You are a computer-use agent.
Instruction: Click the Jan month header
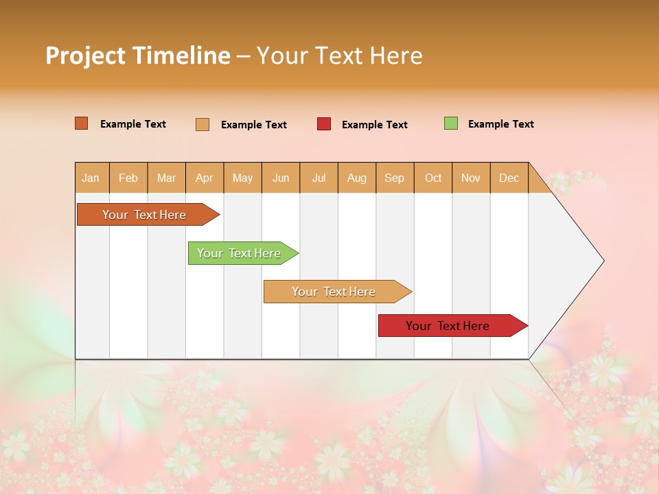91,178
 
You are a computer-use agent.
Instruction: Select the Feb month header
128,178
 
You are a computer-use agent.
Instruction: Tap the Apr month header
204,178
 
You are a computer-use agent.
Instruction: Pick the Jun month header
281,178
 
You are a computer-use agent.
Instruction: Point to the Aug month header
356,178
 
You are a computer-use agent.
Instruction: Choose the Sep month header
394,178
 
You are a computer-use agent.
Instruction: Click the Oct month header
433,178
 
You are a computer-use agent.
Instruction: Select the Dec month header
509,178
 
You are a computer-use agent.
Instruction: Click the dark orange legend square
82,123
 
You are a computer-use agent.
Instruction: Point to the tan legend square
203,124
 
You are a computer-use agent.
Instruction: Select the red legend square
324,124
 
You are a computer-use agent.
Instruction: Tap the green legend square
451,123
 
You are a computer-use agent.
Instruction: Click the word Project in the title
85,56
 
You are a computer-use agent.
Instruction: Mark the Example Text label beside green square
500,124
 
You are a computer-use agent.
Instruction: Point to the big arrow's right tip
602,261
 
